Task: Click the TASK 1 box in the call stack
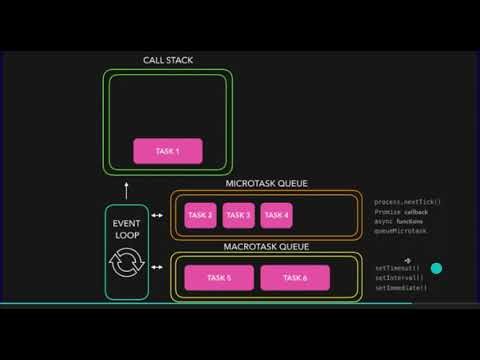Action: [x=168, y=151]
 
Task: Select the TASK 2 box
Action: [x=200, y=214]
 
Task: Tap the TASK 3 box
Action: [x=238, y=214]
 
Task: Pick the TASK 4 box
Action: [x=276, y=214]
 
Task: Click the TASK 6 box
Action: [x=295, y=277]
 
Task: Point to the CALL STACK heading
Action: [x=168, y=61]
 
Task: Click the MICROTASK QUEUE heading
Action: [x=266, y=184]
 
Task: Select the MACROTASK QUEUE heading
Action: [x=265, y=246]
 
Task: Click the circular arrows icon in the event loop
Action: [x=126, y=265]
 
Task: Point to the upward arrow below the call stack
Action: [x=126, y=188]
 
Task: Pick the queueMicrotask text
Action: [x=400, y=231]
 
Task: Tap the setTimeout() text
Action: [x=397, y=268]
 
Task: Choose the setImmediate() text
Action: [x=400, y=288]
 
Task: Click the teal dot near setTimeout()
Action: [x=436, y=268]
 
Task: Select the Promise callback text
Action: [x=401, y=212]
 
